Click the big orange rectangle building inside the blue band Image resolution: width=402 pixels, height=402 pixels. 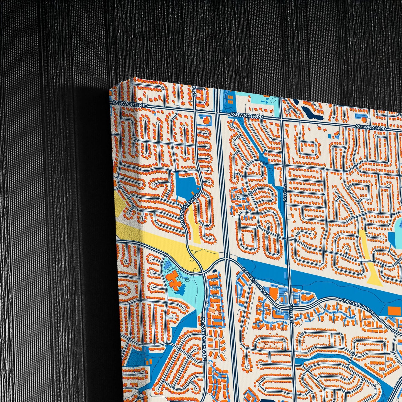coord(393,311)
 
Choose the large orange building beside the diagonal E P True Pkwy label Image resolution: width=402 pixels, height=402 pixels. coord(274,293)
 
